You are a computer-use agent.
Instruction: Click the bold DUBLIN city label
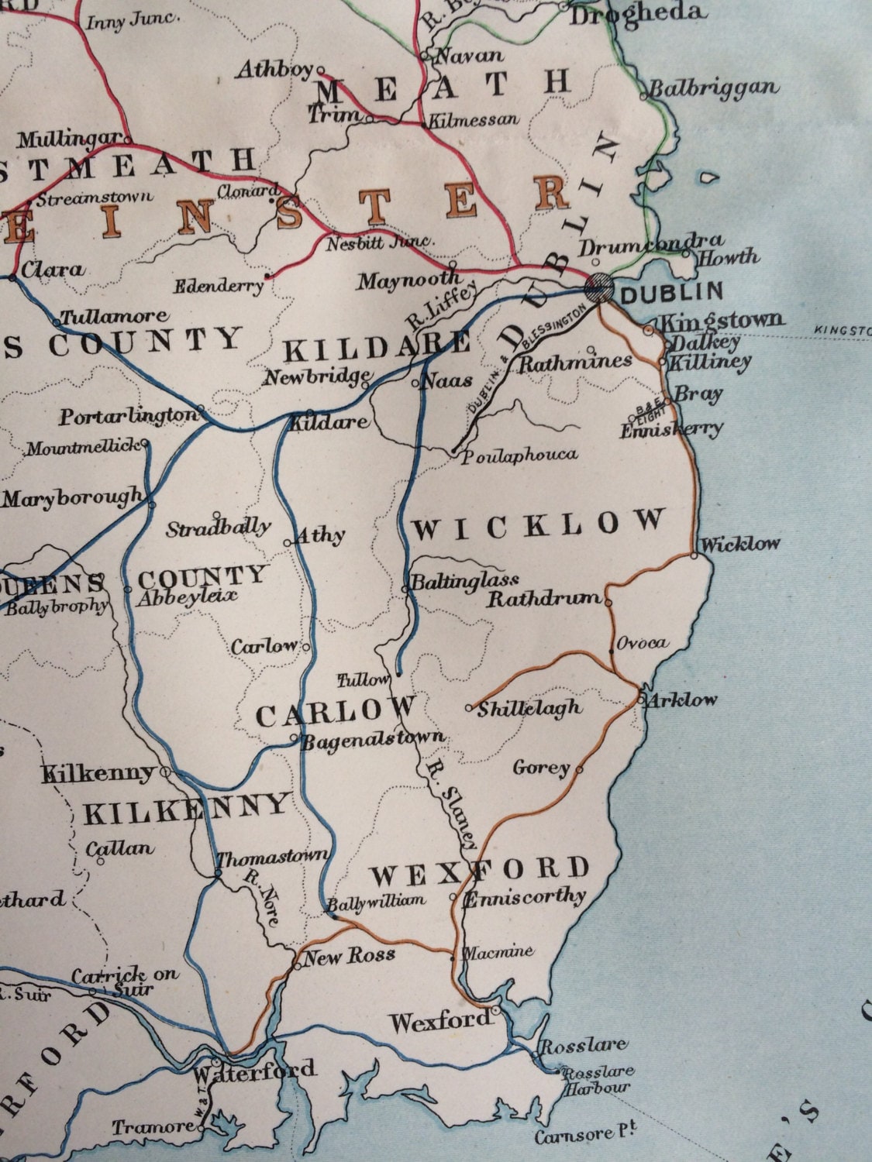click(x=671, y=293)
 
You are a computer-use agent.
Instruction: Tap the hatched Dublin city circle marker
click(x=599, y=287)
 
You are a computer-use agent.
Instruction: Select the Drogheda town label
click(x=637, y=13)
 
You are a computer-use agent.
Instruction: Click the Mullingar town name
click(x=70, y=140)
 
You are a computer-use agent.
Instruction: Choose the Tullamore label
click(x=114, y=317)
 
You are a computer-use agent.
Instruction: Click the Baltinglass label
click(x=464, y=580)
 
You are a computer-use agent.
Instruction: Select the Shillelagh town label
click(x=529, y=707)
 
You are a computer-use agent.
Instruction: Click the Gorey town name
click(x=541, y=768)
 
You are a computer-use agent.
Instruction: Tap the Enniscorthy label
click(x=524, y=898)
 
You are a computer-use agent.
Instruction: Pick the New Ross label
click(x=348, y=956)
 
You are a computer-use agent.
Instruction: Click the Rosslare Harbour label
click(x=597, y=1080)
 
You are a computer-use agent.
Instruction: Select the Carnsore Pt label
click(x=584, y=1136)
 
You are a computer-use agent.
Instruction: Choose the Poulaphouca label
click(x=520, y=455)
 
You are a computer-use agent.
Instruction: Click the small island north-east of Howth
click(x=706, y=177)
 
